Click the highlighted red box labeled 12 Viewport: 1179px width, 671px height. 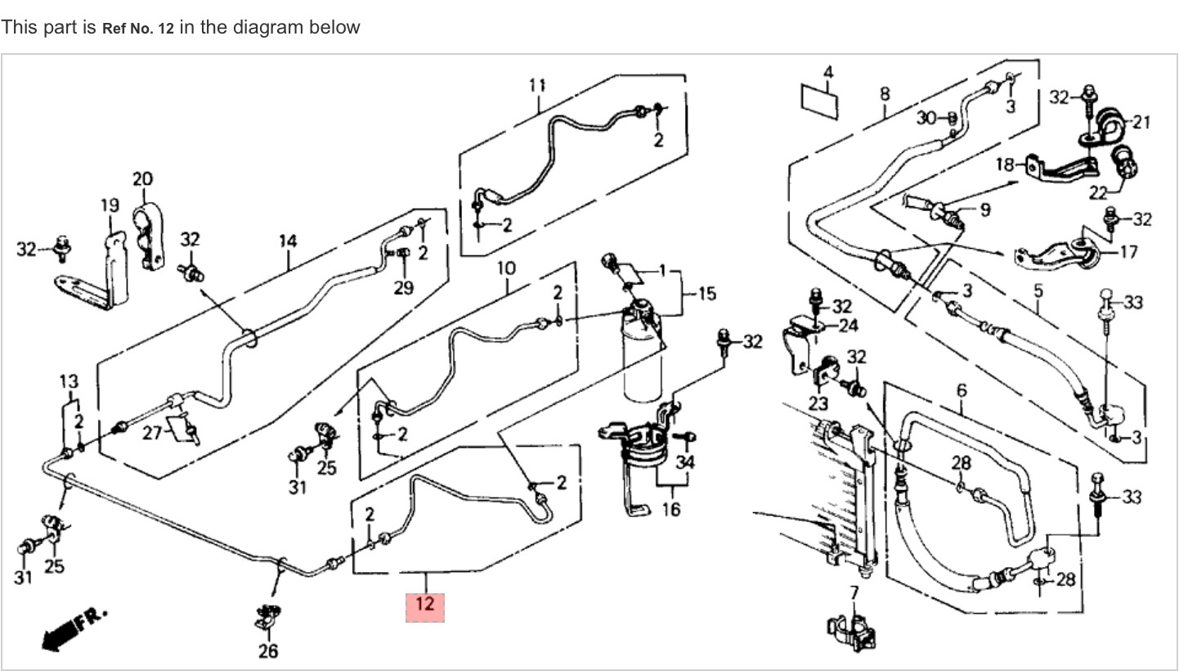coord(425,606)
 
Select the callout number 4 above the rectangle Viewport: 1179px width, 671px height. coord(827,73)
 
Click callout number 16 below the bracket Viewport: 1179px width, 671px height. coord(670,509)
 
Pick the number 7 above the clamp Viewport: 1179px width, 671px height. coord(854,592)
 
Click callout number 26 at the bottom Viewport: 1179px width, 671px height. coord(267,651)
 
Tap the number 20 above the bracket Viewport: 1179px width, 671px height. coord(142,178)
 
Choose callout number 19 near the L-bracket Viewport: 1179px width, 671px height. coord(110,205)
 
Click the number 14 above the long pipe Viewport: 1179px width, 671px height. coord(287,241)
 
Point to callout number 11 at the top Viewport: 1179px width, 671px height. coord(537,84)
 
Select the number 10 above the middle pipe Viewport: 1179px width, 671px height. coord(506,267)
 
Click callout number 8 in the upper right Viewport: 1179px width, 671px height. coord(885,94)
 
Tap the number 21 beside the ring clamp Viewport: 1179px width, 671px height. coord(1141,122)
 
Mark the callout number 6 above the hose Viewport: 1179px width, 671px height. coord(961,390)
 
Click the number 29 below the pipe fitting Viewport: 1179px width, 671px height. coord(403,287)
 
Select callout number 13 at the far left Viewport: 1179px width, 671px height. coord(69,381)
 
